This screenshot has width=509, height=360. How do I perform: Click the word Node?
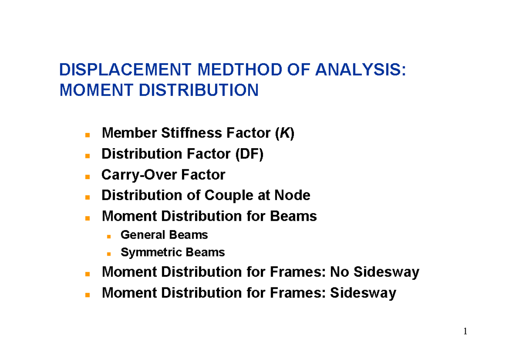[293, 195]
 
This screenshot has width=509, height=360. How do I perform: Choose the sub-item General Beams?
[164, 235]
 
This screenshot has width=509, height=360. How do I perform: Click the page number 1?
[465, 332]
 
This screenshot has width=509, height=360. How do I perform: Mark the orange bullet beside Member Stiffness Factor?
[87, 135]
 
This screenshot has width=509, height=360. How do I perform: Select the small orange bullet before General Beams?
[109, 236]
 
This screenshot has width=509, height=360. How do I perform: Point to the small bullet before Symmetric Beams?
[109, 254]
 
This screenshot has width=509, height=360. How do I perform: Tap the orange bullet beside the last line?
[87, 294]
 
